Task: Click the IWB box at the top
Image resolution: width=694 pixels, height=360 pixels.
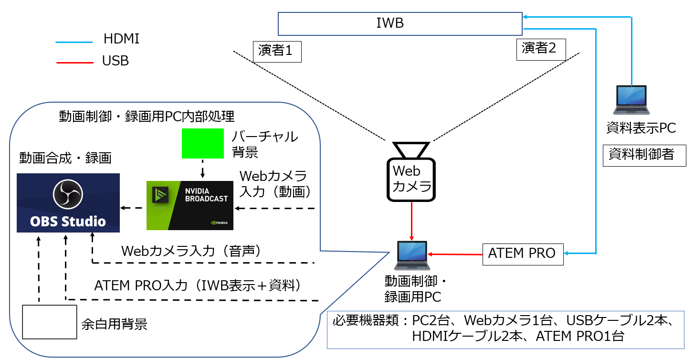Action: [x=400, y=23]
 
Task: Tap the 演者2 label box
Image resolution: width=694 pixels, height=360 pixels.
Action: [x=541, y=49]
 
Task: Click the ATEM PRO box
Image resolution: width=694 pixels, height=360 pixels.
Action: [x=523, y=254]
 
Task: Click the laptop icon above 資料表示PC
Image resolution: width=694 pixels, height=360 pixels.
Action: [x=631, y=101]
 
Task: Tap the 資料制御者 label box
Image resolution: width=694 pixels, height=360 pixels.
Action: [x=644, y=155]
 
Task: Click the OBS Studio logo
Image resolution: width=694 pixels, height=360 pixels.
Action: [x=68, y=203]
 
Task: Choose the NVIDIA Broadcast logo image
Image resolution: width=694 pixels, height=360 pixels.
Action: [x=190, y=205]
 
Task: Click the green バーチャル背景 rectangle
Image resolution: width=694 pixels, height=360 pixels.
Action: [x=203, y=143]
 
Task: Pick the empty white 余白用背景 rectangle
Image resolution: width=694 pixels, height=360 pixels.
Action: [x=50, y=322]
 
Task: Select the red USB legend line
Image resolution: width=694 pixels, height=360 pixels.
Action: [x=74, y=62]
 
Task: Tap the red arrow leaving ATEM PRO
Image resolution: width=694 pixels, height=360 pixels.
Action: [x=455, y=254]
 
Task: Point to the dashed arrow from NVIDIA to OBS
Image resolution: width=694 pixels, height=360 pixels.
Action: [x=132, y=208]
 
